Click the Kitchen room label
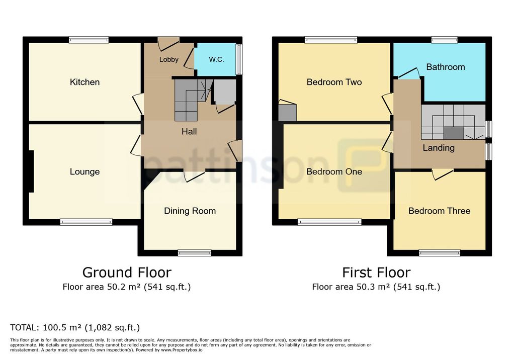(84, 82)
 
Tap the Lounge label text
(84, 172)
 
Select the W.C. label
(216, 59)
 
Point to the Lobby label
(169, 59)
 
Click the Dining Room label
(190, 211)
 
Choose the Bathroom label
(446, 67)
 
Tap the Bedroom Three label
(439, 211)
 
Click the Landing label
(439, 148)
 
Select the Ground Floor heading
(127, 273)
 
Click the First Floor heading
(376, 273)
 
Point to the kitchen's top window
(89, 40)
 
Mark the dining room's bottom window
(195, 252)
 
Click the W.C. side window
(239, 59)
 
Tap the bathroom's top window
(445, 40)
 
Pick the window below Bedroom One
(329, 222)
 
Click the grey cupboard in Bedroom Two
(287, 112)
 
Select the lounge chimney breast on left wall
(31, 171)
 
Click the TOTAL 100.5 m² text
(75, 327)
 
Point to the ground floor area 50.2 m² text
(126, 287)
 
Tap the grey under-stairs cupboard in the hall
(225, 92)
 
